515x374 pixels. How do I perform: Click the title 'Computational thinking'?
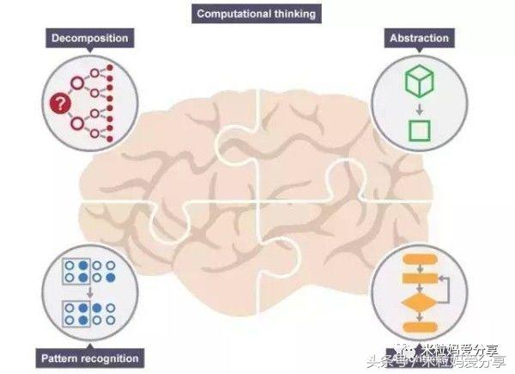coord(256,14)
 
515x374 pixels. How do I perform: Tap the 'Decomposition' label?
coord(90,39)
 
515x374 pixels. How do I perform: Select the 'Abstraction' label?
coord(419,39)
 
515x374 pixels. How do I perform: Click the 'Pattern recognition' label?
coord(90,358)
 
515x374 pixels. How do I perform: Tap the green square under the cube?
coord(420,131)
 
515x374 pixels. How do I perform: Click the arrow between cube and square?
coord(420,107)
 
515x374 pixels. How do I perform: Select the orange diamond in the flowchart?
coord(420,302)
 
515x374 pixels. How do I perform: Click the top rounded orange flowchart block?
coord(420,259)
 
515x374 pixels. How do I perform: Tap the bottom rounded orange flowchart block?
coord(420,329)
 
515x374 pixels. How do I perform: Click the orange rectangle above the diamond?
coord(420,279)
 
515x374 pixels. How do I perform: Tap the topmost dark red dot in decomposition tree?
coord(110,66)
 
